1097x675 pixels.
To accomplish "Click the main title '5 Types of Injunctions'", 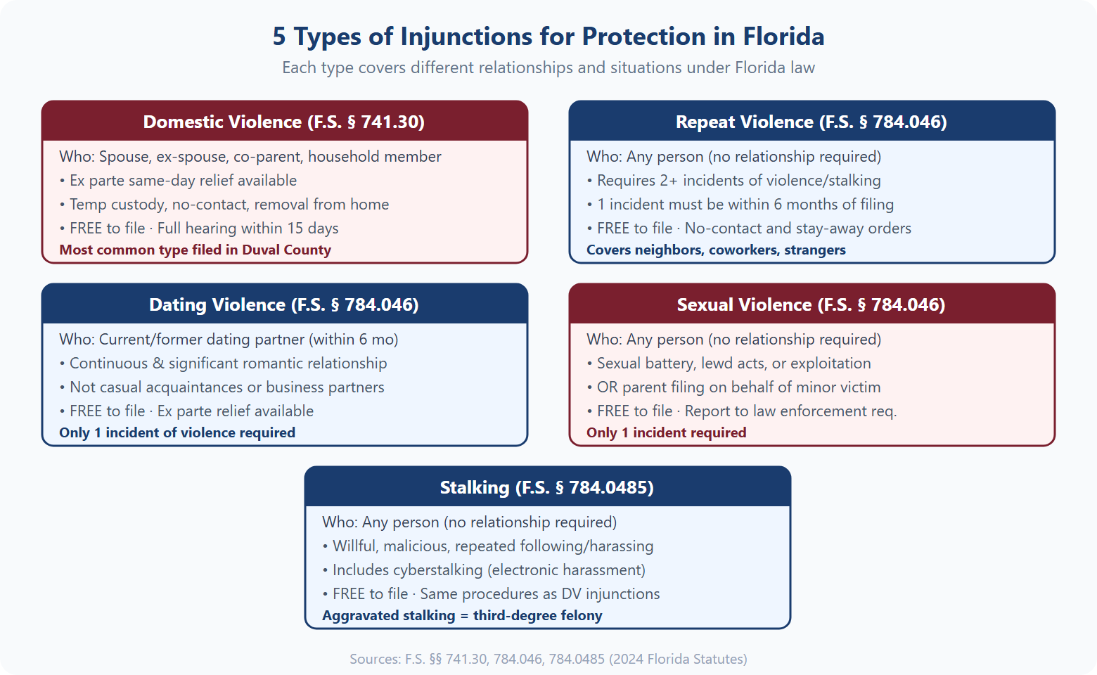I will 548,37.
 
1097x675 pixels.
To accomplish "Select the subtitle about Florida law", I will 548,68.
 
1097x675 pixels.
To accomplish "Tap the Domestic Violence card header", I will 284,122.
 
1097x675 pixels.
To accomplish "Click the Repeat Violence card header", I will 811,122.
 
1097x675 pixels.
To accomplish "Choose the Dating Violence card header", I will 284,304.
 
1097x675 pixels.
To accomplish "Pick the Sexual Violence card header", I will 811,304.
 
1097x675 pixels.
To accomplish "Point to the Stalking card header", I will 547,487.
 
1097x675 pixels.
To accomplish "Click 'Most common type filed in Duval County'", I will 195,250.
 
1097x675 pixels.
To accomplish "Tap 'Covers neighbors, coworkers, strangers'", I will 716,250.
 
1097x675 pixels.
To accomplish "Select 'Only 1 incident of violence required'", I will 177,433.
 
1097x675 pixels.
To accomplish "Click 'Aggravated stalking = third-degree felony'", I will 462,616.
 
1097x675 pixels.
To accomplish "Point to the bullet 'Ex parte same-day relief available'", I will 183,181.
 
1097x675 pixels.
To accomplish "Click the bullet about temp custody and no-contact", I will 229,205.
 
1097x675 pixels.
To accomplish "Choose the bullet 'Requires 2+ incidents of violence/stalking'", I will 738,181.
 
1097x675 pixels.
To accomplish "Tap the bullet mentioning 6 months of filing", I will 745,205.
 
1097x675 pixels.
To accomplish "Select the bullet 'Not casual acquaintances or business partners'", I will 226,387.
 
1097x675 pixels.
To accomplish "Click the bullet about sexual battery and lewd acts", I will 733,364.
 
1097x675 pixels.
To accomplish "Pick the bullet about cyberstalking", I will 489,570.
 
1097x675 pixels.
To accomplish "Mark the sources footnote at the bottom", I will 548,660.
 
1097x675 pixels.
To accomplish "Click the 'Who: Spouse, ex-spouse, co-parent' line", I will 250,157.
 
